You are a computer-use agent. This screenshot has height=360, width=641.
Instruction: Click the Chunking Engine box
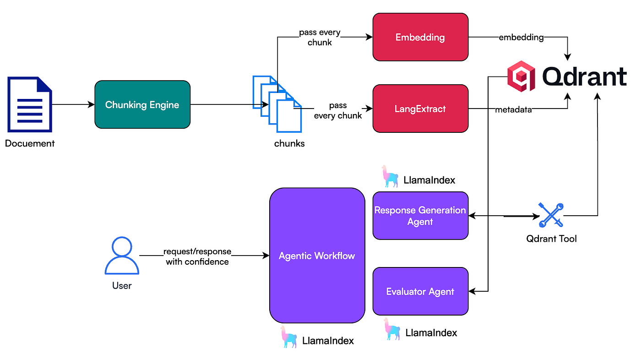pyautogui.click(x=142, y=104)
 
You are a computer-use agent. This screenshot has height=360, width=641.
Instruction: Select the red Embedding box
pyautogui.click(x=420, y=37)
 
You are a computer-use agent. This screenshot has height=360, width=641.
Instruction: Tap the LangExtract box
pyautogui.click(x=420, y=109)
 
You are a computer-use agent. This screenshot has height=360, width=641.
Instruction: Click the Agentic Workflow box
pyautogui.click(x=317, y=255)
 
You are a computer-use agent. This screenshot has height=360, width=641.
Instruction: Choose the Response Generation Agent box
pyautogui.click(x=420, y=215)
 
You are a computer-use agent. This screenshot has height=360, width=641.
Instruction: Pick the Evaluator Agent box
pyautogui.click(x=420, y=291)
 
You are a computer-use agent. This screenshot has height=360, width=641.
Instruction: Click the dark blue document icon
pyautogui.click(x=30, y=104)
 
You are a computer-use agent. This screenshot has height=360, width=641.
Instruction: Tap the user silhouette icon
pyautogui.click(x=122, y=256)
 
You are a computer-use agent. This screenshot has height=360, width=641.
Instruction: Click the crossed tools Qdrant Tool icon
pyautogui.click(x=551, y=215)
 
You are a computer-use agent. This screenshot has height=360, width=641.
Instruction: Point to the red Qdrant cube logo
pyautogui.click(x=521, y=76)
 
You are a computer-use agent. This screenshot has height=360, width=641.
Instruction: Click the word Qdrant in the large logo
pyautogui.click(x=584, y=76)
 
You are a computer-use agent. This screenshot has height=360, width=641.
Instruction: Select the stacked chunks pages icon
pyautogui.click(x=277, y=104)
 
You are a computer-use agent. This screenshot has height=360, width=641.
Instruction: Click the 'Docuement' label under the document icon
pyautogui.click(x=30, y=143)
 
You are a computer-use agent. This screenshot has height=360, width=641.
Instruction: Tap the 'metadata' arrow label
pyautogui.click(x=513, y=109)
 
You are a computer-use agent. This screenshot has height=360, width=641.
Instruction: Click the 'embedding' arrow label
pyautogui.click(x=521, y=37)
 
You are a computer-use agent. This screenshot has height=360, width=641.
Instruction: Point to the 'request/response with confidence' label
pyautogui.click(x=197, y=256)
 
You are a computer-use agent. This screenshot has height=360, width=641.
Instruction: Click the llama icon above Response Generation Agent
pyautogui.click(x=390, y=176)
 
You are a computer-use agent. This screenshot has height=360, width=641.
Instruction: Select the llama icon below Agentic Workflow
pyautogui.click(x=288, y=337)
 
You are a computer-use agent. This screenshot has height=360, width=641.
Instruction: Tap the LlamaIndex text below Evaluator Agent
pyautogui.click(x=431, y=333)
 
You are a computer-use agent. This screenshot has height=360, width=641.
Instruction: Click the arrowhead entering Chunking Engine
pyautogui.click(x=91, y=104)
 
